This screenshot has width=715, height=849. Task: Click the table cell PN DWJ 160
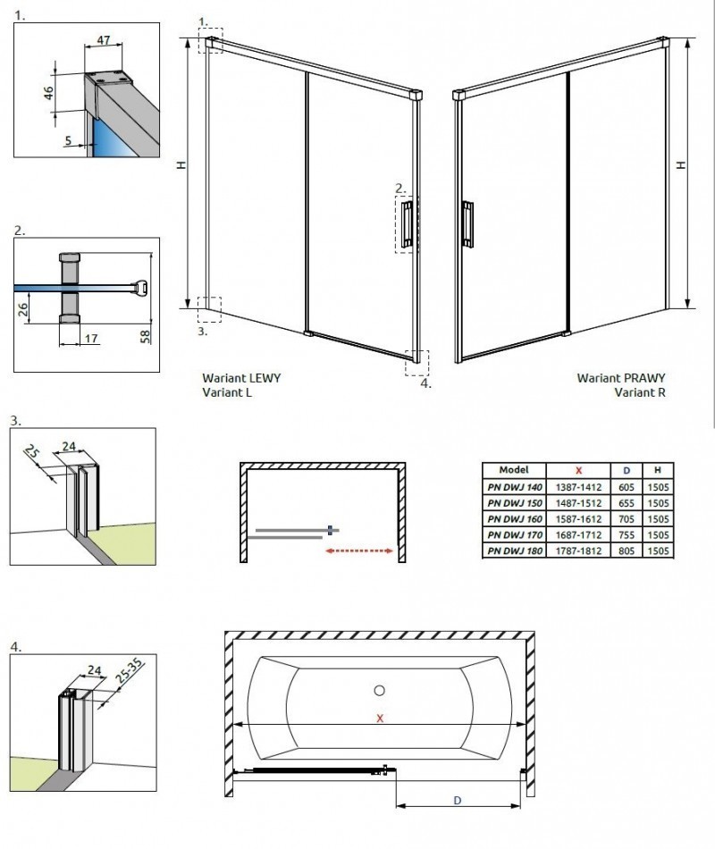pos(514,518)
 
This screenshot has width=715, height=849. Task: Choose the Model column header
pos(514,470)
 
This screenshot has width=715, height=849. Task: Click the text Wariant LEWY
pos(241,378)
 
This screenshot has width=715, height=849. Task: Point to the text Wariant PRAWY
pos(620,378)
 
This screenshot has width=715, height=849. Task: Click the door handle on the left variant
pos(407,223)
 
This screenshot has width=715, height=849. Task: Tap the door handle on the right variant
pos(467,223)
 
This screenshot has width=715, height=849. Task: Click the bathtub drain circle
pos(380,690)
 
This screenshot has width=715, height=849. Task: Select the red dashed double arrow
pos(359,551)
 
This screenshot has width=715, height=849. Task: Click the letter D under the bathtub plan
pos(458,801)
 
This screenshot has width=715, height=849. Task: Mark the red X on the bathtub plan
pos(380,718)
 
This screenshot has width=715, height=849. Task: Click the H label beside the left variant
pos(181,165)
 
